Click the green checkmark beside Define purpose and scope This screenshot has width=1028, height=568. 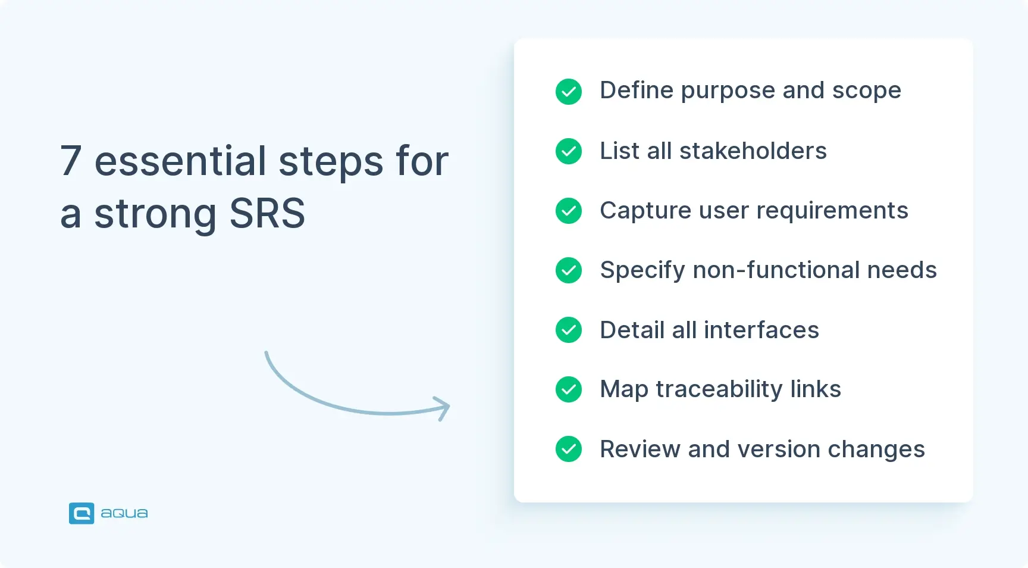point(569,92)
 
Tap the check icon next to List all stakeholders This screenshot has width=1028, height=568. point(569,151)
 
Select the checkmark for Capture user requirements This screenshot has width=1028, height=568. point(569,211)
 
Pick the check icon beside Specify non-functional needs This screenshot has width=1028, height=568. point(569,270)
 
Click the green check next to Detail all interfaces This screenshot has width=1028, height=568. point(569,330)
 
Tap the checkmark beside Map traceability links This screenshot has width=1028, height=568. point(569,389)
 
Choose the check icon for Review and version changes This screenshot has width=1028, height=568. point(569,449)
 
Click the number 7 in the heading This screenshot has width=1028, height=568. point(71,161)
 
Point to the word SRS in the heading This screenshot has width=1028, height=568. point(267,213)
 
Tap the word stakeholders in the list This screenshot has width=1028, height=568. point(753,151)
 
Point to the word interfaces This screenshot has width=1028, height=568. point(761,330)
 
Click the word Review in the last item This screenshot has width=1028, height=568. point(640,449)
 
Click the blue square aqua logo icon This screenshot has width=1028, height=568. point(82,513)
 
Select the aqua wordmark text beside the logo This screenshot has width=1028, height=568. point(124,513)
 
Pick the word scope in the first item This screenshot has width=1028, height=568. point(866,91)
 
